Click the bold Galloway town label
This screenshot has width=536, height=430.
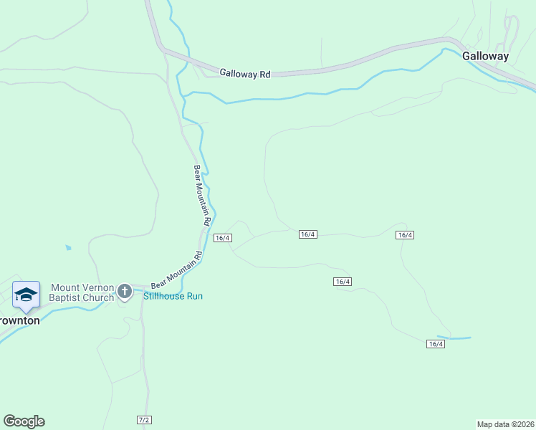coord(485,56)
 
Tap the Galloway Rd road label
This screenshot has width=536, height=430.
coord(244,73)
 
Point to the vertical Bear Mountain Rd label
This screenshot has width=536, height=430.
coord(201,196)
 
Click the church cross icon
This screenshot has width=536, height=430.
coord(125,291)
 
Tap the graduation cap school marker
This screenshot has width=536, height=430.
coord(26,295)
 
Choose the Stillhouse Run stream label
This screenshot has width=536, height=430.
coord(173,296)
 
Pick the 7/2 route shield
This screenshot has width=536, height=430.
coord(144,419)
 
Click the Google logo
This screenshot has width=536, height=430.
coord(24,421)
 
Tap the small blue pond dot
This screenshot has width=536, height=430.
coord(68,248)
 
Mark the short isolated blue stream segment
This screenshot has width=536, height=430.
coord(454,338)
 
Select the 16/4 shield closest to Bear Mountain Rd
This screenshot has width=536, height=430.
coord(222,238)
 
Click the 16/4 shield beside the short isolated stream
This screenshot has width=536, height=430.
coord(436,344)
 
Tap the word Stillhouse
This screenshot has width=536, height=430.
coord(164,296)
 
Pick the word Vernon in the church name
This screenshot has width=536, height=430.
coord(97,287)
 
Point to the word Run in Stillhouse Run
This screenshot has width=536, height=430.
coord(194,296)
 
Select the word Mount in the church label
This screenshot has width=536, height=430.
coord(64,287)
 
